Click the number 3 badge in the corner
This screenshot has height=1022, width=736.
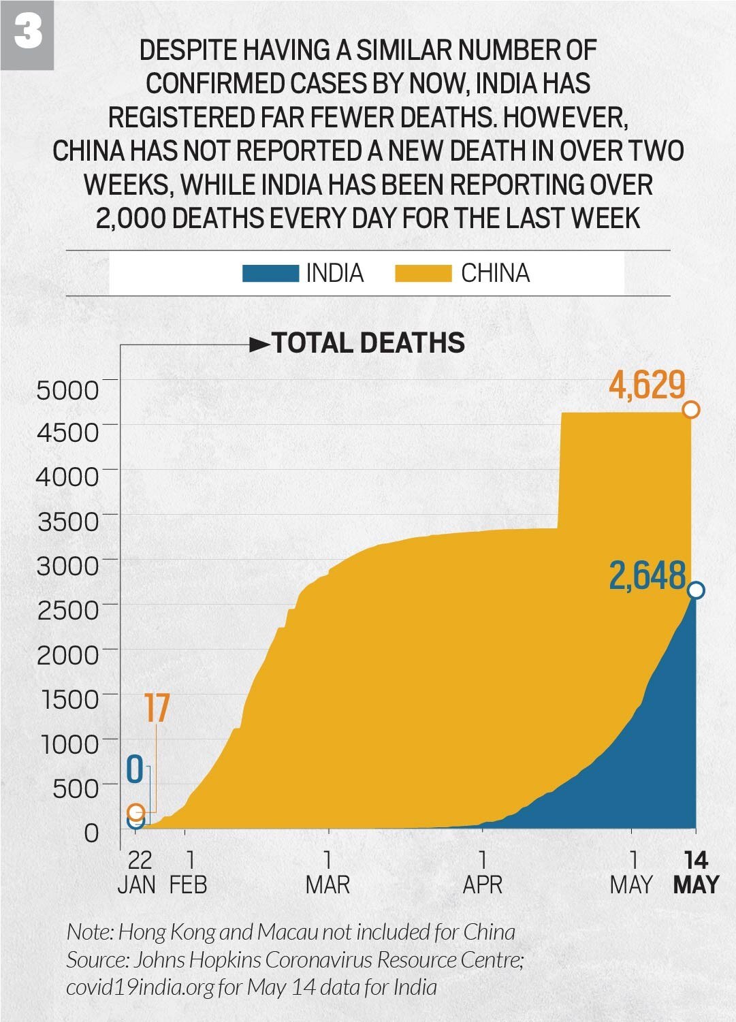[27, 33]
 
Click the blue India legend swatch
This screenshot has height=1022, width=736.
[270, 274]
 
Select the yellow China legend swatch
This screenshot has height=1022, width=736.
[423, 274]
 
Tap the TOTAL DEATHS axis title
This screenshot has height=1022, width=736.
[368, 343]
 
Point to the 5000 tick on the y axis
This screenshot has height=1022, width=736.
[67, 390]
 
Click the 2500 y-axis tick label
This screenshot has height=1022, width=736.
[67, 610]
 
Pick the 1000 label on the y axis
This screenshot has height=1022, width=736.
[70, 744]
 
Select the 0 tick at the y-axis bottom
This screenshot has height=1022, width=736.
[91, 833]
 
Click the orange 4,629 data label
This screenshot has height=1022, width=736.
[647, 385]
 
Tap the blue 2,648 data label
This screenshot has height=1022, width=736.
[647, 576]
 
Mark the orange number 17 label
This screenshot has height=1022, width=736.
[157, 709]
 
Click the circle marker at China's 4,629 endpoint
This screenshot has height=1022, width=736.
[691, 410]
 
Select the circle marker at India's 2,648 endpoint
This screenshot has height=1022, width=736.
[696, 590]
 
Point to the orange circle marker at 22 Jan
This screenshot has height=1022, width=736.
[136, 812]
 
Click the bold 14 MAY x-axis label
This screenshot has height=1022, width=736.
[696, 872]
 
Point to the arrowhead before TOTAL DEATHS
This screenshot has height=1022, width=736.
[259, 345]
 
